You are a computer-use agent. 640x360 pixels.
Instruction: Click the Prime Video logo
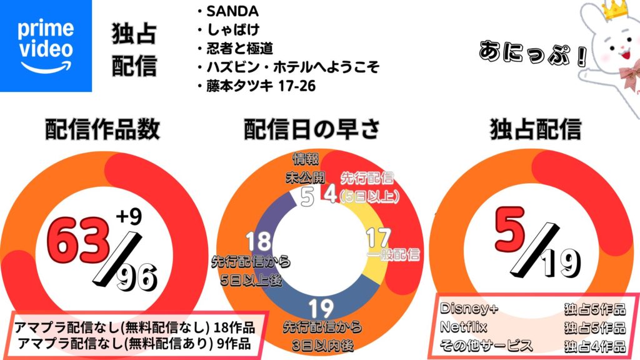coord(46,45)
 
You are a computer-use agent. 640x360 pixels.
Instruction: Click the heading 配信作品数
coord(102,129)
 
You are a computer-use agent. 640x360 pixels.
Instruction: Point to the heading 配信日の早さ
coord(311,129)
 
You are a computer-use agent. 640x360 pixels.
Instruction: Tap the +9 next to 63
coord(129,217)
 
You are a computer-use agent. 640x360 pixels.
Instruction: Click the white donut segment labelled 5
coord(306,197)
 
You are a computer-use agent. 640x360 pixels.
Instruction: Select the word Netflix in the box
coord(463,327)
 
